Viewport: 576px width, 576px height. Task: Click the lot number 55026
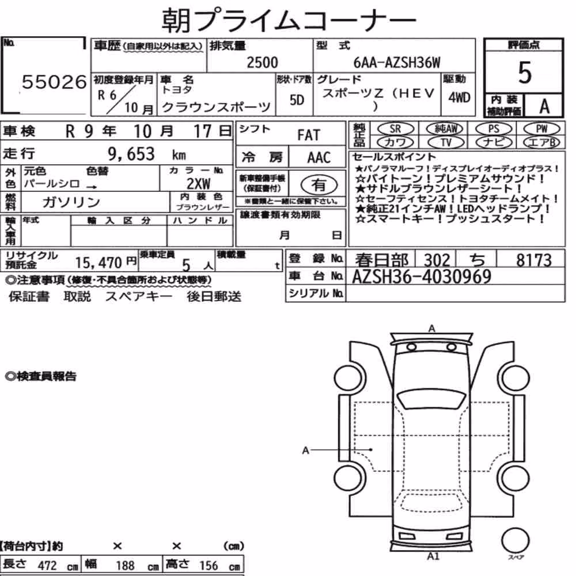[54, 82]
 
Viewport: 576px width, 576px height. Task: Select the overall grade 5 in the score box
[525, 73]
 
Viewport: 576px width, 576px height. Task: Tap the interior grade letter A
[544, 106]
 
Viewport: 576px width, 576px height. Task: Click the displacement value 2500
[262, 62]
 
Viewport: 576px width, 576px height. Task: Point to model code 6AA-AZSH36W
[397, 63]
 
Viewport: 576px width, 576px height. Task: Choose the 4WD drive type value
[459, 98]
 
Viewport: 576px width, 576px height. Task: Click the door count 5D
[297, 100]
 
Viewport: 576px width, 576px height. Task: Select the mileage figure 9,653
[131, 154]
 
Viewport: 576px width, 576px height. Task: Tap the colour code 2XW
[198, 183]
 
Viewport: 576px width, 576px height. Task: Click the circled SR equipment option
[396, 129]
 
